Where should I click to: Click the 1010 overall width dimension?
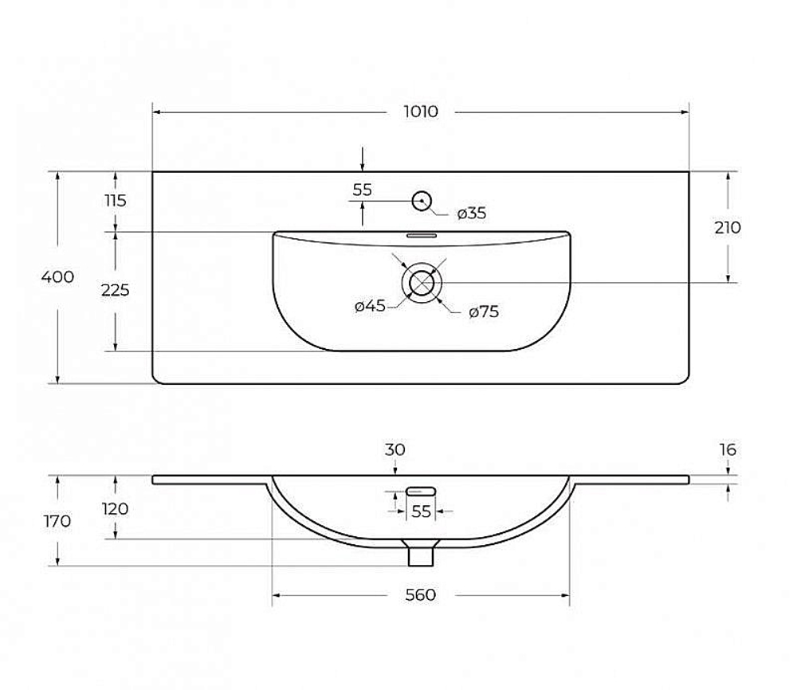point(420,112)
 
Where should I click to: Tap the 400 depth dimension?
point(57,277)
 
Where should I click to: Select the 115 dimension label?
point(116,201)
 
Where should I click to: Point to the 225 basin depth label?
point(116,290)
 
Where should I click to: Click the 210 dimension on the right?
point(728,227)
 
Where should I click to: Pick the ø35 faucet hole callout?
point(471,213)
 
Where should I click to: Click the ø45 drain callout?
point(370,306)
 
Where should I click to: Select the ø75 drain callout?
point(484,312)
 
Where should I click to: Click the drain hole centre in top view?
point(422,283)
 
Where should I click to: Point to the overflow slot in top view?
point(421,236)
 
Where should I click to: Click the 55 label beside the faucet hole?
point(362,190)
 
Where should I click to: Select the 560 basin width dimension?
point(420,594)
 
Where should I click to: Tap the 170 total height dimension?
point(57,521)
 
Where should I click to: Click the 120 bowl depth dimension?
point(116,508)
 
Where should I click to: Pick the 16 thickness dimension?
point(728,449)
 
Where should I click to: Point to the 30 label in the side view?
point(395,449)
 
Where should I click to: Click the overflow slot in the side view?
point(421,491)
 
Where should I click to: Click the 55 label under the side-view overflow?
point(421,512)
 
